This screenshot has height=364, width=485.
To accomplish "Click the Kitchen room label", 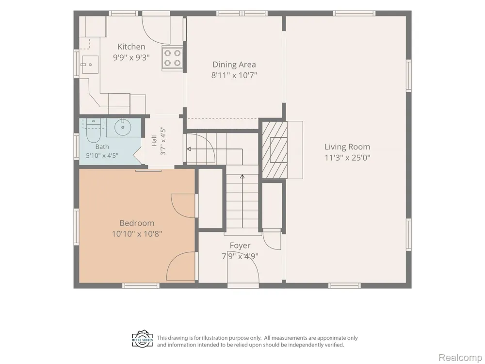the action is coord(131,47).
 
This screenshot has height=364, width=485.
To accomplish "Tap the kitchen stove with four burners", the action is coord(172,58).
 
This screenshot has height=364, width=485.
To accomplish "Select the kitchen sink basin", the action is coord(90,65).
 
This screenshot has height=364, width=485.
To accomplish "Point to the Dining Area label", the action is coord(234,65).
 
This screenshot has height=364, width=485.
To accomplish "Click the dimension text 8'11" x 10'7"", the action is coord(234,75).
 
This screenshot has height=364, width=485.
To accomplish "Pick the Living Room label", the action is coord(347,147).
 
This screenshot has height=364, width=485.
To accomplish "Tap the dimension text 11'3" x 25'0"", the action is coord(347,158).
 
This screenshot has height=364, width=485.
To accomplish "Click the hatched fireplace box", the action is coord(275,149).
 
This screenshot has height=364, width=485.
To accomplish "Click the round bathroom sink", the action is coord(123,127).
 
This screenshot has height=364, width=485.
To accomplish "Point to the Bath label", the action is coord(102,147).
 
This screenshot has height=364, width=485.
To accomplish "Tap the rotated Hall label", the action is coord(154,141).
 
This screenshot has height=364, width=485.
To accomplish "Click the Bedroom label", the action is coord(137,223).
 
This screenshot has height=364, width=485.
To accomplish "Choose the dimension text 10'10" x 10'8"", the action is coord(137,234).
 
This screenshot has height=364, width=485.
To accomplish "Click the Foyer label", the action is coord(240,246).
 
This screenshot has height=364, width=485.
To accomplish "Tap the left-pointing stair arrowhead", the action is coord(189,149).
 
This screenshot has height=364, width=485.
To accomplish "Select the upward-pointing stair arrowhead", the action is coord(242,177).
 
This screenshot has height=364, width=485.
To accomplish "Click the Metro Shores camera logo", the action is coord(143,339).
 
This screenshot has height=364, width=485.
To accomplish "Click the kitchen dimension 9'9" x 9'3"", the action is coord(131,58).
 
